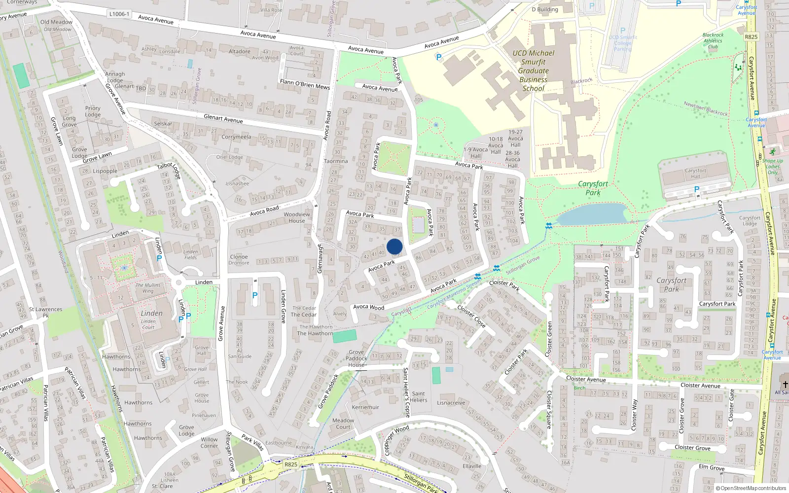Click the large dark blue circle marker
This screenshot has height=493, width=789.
click(394, 246)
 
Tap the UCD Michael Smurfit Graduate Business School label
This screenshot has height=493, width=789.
click(533, 70)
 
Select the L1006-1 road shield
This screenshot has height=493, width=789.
click(119, 14)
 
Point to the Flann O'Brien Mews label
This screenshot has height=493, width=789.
click(305, 84)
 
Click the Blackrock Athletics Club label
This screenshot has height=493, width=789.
click(713, 41)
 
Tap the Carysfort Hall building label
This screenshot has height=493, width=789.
click(695, 174)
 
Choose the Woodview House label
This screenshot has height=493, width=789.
click(297, 217)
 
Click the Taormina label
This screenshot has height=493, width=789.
click(336, 161)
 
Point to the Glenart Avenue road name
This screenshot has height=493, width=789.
click(223, 119)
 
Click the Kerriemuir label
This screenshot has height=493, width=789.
click(365, 407)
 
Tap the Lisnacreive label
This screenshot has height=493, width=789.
click(451, 403)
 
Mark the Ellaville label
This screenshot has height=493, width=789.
click(472, 466)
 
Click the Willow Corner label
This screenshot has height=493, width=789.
click(209, 443)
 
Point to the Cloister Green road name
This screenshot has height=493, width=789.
click(549, 339)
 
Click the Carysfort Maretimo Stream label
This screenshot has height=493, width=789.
click(454, 295)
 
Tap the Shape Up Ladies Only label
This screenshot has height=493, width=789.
click(772, 167)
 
